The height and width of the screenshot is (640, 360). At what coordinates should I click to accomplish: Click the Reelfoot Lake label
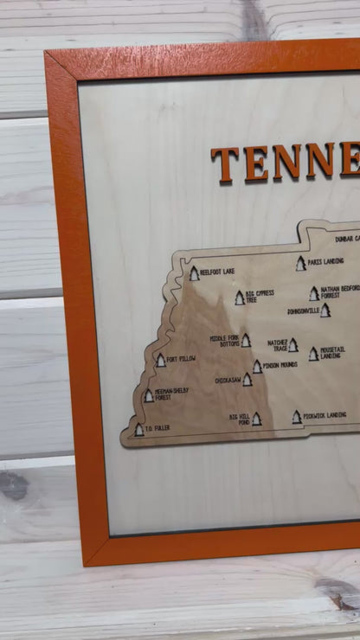[x=217, y=272]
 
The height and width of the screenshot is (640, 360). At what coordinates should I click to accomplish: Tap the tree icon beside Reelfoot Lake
[x=195, y=273]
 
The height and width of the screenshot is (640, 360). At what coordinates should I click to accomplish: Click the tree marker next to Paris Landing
[x=301, y=264]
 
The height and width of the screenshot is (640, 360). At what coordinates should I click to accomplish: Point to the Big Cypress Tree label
[x=259, y=296]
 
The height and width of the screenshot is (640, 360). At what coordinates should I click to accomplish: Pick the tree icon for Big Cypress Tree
[x=240, y=298]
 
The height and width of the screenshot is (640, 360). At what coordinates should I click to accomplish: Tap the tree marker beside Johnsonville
[x=325, y=310]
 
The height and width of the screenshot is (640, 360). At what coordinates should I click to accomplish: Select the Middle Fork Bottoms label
[x=224, y=341]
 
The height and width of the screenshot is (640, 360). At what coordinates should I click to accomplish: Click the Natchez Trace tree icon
[x=293, y=345]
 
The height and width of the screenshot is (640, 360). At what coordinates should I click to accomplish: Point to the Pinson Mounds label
[x=280, y=365]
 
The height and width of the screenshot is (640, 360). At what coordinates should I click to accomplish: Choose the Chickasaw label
[x=228, y=380]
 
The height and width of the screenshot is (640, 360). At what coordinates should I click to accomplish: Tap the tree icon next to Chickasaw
[x=247, y=379]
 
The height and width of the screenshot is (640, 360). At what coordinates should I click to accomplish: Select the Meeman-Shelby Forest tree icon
[x=149, y=395]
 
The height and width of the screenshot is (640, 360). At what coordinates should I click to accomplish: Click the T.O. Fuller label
[x=157, y=428]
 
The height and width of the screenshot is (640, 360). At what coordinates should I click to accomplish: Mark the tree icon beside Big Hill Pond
[x=256, y=419]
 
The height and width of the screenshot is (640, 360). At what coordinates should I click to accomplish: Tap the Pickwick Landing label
[x=331, y=415]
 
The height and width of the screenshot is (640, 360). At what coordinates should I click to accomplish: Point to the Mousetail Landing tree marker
[x=313, y=354]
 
